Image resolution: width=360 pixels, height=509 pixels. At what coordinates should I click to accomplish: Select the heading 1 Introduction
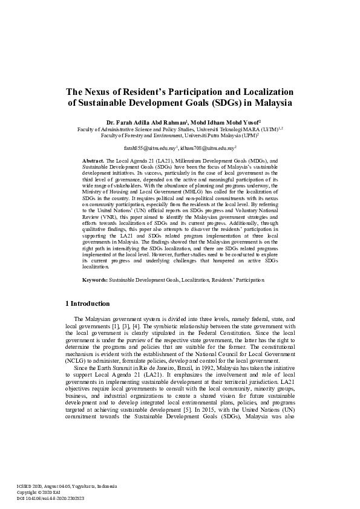pyautogui.click(x=87, y=303)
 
